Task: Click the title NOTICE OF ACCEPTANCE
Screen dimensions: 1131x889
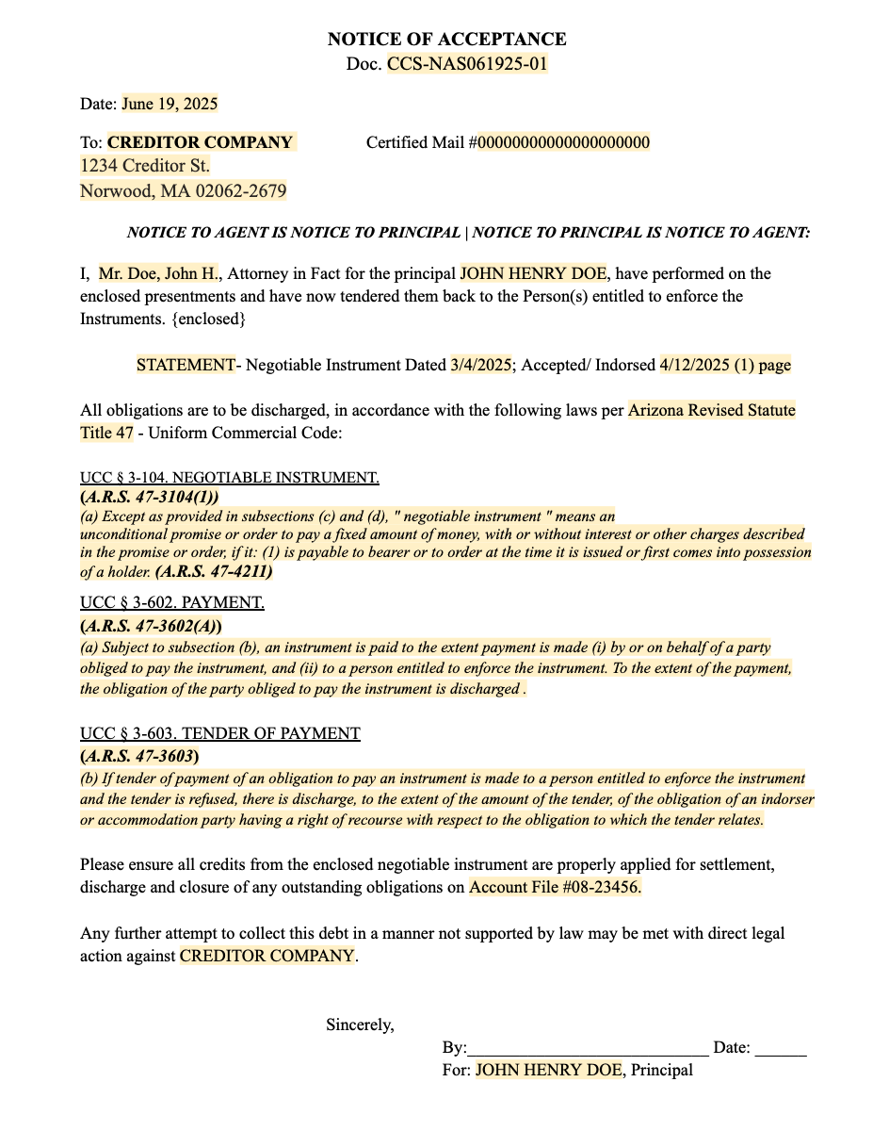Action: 446,40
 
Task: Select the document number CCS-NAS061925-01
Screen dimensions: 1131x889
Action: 467,64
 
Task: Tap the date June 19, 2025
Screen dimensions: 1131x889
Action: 170,104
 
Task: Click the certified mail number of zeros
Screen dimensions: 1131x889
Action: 563,143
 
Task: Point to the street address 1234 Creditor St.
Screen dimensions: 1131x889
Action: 145,167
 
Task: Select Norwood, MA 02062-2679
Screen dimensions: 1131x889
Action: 184,191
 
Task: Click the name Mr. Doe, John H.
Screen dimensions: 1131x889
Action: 158,274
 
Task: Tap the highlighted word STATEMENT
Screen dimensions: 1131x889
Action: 186,365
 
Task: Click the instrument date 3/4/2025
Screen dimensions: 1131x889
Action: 480,365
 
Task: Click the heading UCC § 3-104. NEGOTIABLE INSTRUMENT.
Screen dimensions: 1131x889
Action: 230,478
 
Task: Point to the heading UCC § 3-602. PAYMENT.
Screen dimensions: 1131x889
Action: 172,602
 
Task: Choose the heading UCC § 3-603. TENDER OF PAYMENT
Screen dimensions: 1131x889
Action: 220,733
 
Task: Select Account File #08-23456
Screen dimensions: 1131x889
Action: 556,887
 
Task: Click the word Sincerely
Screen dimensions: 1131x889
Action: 360,1024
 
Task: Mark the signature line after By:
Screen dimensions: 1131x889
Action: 588,1048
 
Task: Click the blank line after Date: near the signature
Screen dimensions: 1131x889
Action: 781,1048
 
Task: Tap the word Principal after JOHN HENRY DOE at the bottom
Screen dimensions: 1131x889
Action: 661,1070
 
